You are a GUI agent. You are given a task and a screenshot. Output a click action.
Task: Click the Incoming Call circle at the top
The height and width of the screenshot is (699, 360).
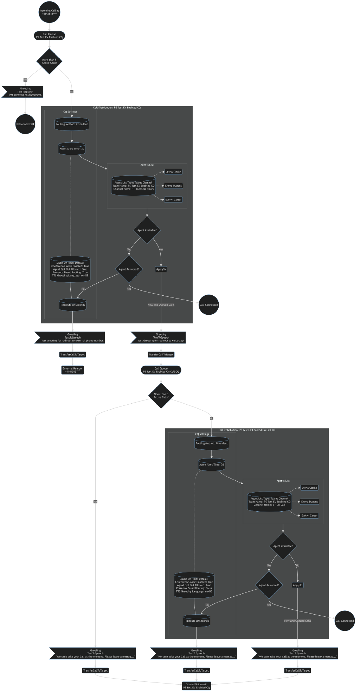coord(49,12)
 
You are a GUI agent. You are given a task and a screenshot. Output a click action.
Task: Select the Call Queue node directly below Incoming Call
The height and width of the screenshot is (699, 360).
coord(49,36)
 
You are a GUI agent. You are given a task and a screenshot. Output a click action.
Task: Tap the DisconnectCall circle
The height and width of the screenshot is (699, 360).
coord(25,124)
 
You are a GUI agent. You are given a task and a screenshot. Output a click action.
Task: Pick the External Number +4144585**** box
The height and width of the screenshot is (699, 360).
coord(72,370)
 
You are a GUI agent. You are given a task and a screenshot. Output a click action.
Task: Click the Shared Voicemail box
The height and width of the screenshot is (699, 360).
coord(196,686)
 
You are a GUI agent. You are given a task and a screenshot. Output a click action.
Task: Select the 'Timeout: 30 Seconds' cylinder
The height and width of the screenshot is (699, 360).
coord(72,305)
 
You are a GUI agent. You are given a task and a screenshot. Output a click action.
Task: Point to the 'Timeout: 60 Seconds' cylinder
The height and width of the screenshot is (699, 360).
coord(196,621)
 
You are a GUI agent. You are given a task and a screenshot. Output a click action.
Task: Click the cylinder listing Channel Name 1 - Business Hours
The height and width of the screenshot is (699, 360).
coord(133,186)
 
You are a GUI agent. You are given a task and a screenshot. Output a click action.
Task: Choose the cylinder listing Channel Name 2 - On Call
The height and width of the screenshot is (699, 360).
coord(269,502)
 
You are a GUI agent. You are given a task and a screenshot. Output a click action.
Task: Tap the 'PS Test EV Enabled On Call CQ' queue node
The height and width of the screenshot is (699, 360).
coord(161,370)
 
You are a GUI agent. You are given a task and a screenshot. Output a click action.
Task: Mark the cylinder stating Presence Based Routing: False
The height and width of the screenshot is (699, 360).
coord(194,585)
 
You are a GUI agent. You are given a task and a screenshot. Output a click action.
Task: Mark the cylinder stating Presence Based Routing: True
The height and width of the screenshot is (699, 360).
coord(70,269)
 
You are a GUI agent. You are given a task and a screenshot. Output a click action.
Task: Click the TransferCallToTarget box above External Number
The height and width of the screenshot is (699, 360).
coord(72,354)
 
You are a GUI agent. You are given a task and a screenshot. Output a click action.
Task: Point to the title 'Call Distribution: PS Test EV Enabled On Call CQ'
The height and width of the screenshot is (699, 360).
coord(247,430)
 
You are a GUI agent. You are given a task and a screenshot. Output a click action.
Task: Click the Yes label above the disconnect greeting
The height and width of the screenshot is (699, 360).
coord(25,80)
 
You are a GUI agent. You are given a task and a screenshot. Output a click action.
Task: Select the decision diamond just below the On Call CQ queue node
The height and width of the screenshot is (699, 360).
coord(161,396)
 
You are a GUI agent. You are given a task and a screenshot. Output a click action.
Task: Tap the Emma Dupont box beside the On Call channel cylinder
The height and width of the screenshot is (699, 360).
coord(309,502)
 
